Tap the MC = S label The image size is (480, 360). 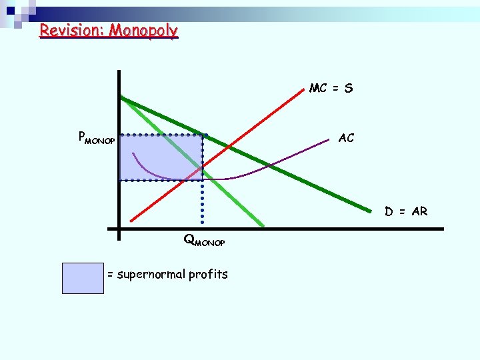(331, 89)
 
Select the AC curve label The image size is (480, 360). (346, 139)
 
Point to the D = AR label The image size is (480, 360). (405, 212)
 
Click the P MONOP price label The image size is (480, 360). (96, 139)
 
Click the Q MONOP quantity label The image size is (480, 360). (204, 241)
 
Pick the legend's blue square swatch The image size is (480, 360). (83, 278)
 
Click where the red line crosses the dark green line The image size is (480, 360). (229, 146)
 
